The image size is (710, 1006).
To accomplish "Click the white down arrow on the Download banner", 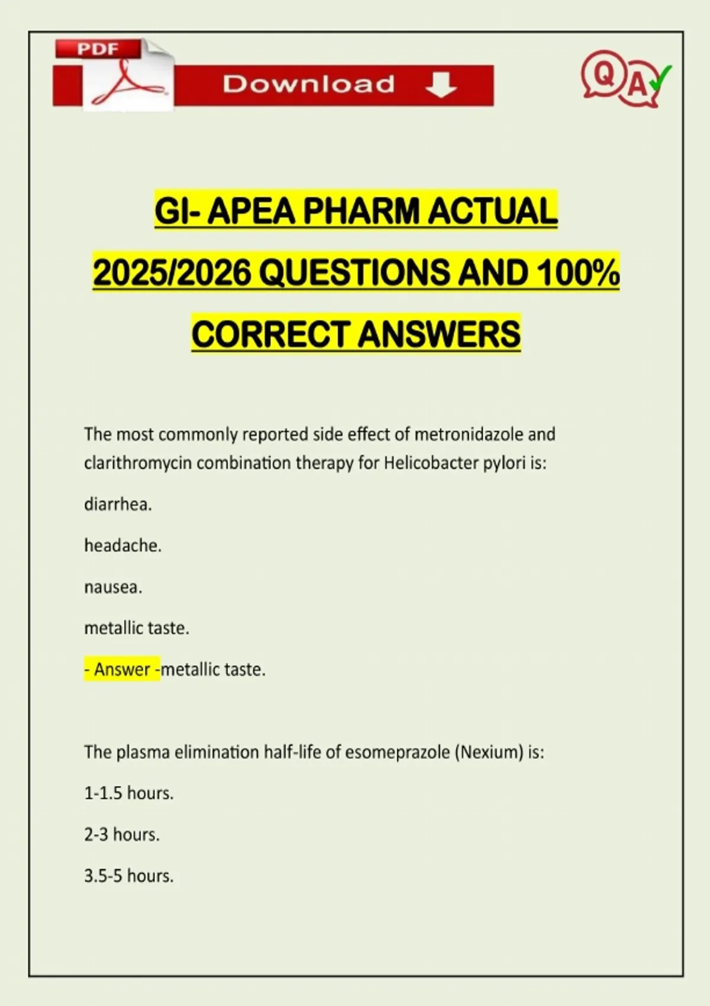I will [x=441, y=85].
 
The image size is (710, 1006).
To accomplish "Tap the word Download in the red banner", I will [x=308, y=84].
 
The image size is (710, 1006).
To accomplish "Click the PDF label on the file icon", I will [x=98, y=49].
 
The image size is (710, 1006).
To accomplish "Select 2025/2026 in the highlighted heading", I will [x=172, y=273].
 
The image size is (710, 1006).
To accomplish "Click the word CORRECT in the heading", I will [x=272, y=334].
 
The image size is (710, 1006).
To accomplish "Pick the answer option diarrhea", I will [x=118, y=504].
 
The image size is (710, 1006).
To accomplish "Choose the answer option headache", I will [x=122, y=545].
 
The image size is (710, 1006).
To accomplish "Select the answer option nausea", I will [x=113, y=587].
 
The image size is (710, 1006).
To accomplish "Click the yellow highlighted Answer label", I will [x=122, y=669].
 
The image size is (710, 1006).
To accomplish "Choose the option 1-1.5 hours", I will [x=129, y=793].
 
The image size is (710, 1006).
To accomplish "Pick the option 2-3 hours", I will [x=122, y=834].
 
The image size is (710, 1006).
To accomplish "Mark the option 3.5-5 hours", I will [x=129, y=876].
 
